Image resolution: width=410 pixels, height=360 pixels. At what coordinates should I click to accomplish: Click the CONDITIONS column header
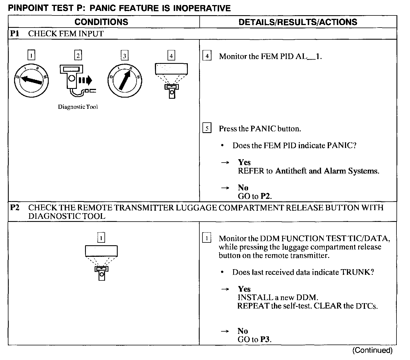pos(101,22)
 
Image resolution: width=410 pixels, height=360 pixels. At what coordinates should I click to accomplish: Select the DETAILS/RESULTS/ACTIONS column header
pos(298,22)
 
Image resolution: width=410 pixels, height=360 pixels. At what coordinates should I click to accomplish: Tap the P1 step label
pos(15,34)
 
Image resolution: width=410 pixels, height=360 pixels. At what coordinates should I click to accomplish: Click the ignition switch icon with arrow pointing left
pos(32,80)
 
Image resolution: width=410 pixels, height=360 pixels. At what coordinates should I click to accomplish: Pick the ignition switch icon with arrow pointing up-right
pos(124,80)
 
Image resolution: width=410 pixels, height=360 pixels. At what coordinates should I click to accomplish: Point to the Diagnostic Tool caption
pos(78,107)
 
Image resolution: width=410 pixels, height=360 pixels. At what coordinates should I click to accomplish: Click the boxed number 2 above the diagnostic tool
pos(78,55)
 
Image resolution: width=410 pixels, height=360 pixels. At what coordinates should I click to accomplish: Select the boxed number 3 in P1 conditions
pos(124,56)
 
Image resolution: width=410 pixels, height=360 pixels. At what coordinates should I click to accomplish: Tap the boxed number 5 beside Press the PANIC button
pos(207,129)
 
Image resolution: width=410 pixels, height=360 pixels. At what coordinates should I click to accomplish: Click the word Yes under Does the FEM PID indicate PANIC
pos(244,162)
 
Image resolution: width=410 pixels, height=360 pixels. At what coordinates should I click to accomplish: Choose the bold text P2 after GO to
pos(266,196)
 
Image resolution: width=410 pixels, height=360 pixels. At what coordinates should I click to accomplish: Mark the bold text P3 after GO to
pos(265,339)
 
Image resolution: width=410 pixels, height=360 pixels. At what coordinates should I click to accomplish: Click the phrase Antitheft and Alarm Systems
pos(327,171)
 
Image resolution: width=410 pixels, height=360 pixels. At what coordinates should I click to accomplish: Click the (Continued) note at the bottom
pos(372,350)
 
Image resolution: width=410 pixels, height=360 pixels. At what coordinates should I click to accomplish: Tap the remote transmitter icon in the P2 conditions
pos(101,263)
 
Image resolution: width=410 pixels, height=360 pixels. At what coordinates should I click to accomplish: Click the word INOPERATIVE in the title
pos(202,8)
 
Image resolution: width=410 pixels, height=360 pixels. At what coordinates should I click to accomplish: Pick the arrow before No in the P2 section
pos(224,331)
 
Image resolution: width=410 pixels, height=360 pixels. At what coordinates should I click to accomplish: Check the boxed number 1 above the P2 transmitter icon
pos(101,238)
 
